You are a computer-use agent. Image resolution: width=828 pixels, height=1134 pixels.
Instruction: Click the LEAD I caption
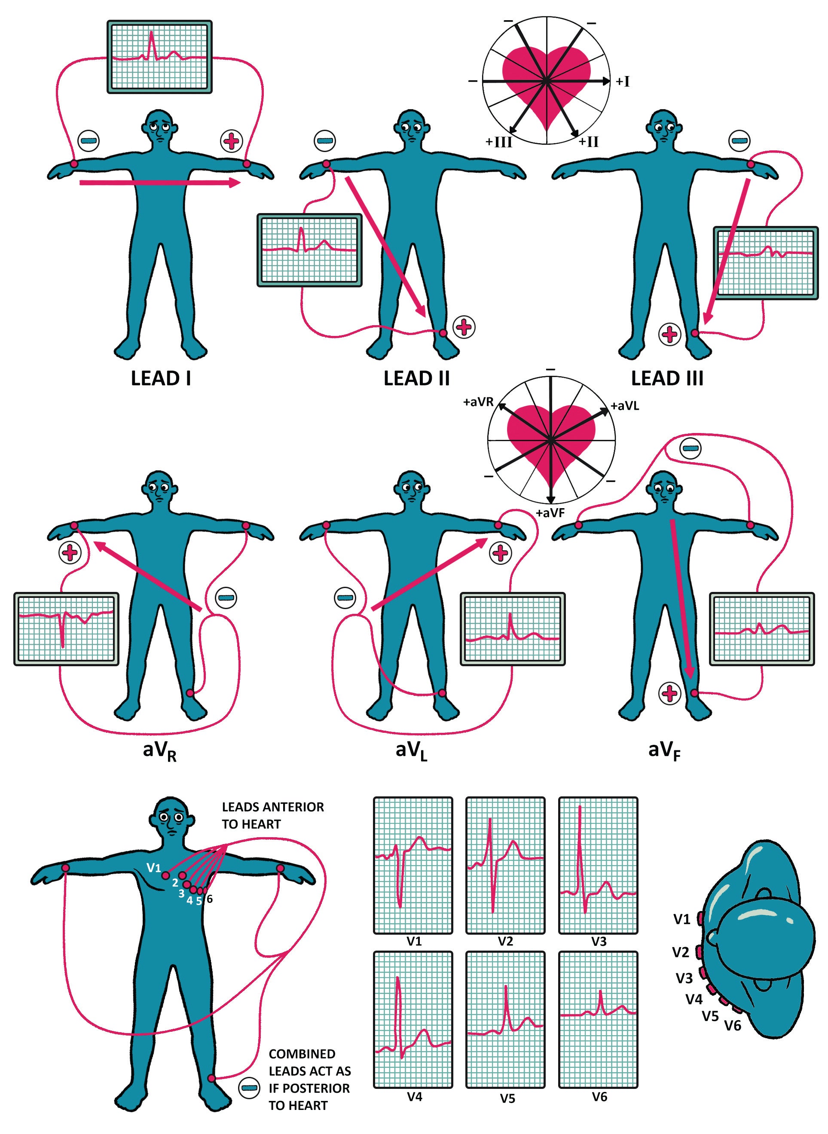(x=160, y=378)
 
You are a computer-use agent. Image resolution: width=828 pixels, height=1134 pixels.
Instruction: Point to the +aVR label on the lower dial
(x=479, y=402)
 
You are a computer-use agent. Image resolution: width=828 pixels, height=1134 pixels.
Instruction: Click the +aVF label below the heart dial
(x=551, y=512)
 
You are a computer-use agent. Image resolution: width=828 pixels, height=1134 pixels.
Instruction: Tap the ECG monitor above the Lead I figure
(x=159, y=57)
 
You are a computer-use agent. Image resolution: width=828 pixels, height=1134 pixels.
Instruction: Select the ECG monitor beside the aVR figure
(x=66, y=629)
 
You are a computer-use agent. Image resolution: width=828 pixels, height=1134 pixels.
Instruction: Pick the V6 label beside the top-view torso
(x=733, y=1026)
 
